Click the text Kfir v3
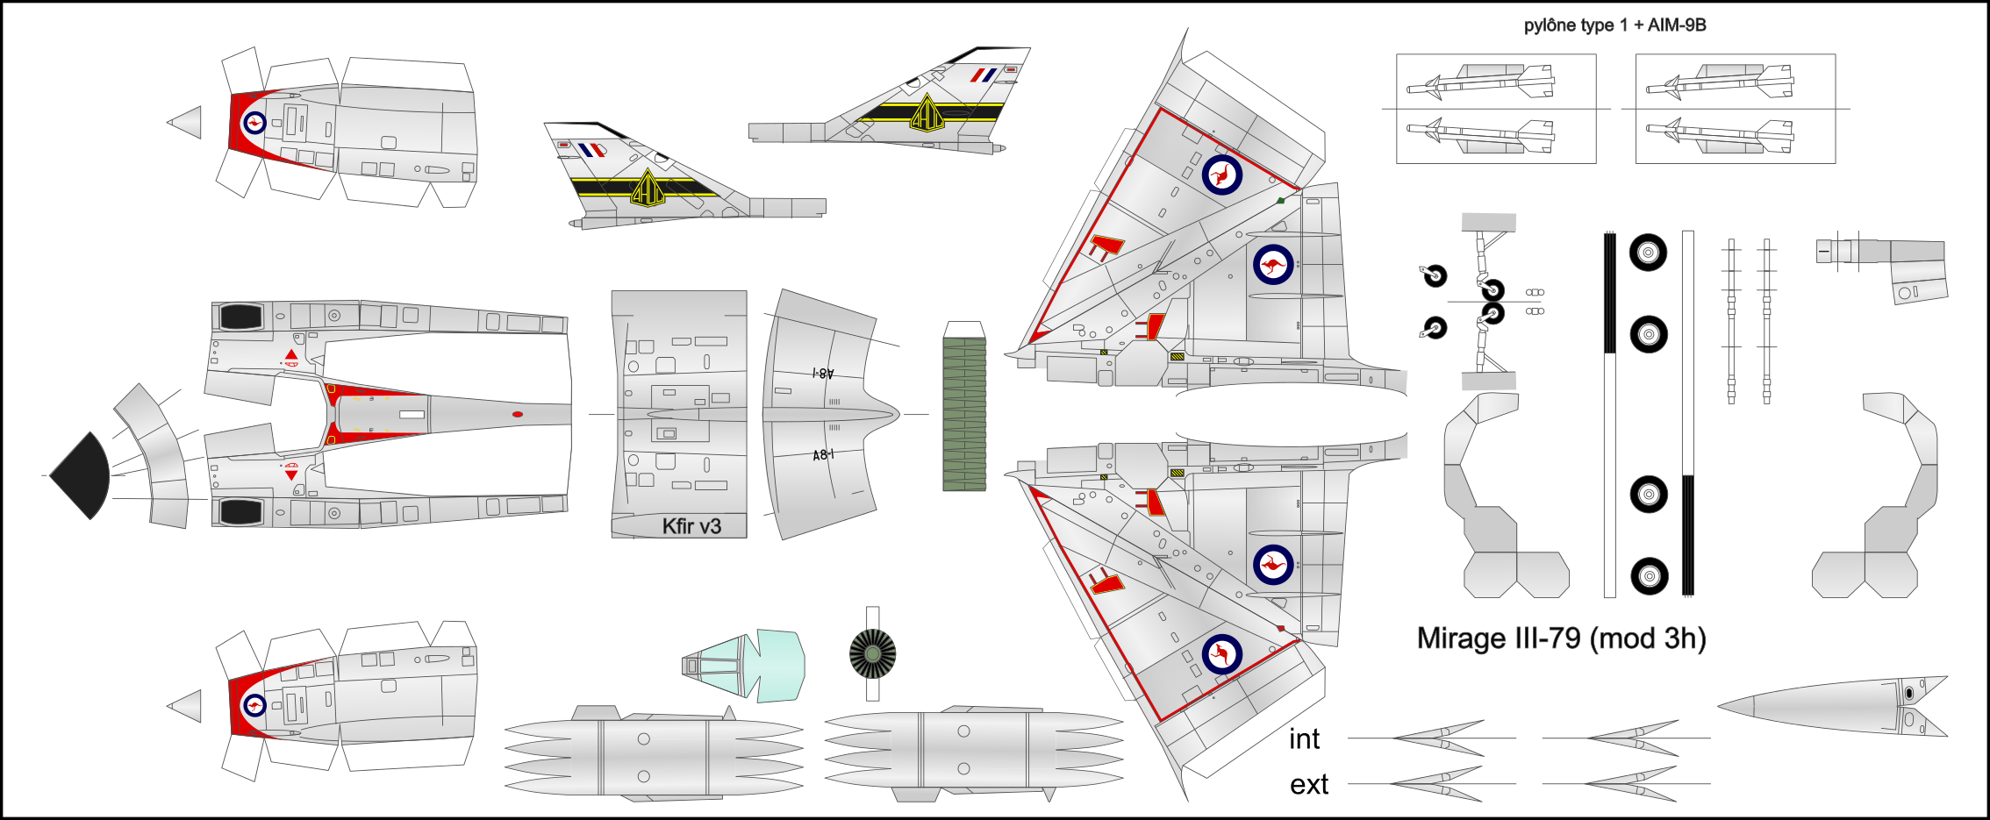pos(691,526)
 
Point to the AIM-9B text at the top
pos(1677,25)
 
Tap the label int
pos(1304,739)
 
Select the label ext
pos(1309,785)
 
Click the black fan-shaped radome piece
pos(81,475)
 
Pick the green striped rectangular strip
pos(964,414)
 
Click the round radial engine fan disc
pos(872,653)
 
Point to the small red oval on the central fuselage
pos(518,414)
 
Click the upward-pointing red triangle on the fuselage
pos(291,354)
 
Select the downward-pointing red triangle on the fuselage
pos(291,474)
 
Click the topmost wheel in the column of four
pos(1648,253)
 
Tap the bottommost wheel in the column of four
pos(1649,576)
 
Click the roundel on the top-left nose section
pos(254,122)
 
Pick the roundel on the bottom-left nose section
pos(254,705)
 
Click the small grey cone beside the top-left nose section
pos(184,122)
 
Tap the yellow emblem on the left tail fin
pos(648,187)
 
